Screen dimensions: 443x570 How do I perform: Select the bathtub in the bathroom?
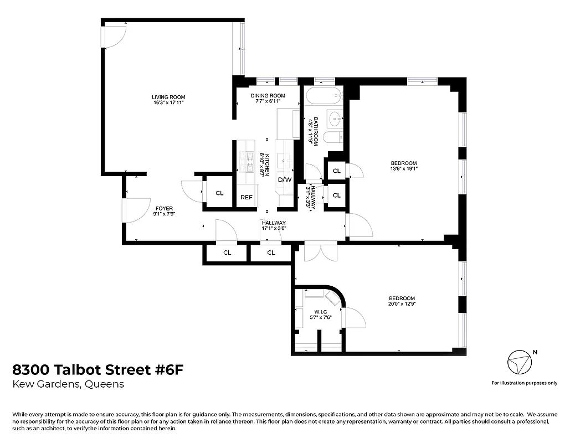pyautogui.click(x=323, y=96)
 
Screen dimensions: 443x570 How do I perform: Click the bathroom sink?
pyautogui.click(x=335, y=118)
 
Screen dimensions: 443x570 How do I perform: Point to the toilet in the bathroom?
pyautogui.click(x=332, y=138)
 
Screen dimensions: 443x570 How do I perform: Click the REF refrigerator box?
pyautogui.click(x=246, y=197)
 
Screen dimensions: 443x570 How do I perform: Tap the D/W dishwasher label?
pyautogui.click(x=285, y=180)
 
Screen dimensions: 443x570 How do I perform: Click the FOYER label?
pyautogui.click(x=164, y=208)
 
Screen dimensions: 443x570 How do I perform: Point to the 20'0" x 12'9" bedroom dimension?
pyautogui.click(x=402, y=304)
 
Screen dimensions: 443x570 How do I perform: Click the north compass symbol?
pyautogui.click(x=520, y=364)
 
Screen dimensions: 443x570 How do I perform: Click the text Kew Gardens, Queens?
pyautogui.click(x=68, y=384)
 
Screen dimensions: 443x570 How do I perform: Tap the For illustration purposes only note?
pyautogui.click(x=524, y=383)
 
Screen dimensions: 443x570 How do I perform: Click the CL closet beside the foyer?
pyautogui.click(x=219, y=193)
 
